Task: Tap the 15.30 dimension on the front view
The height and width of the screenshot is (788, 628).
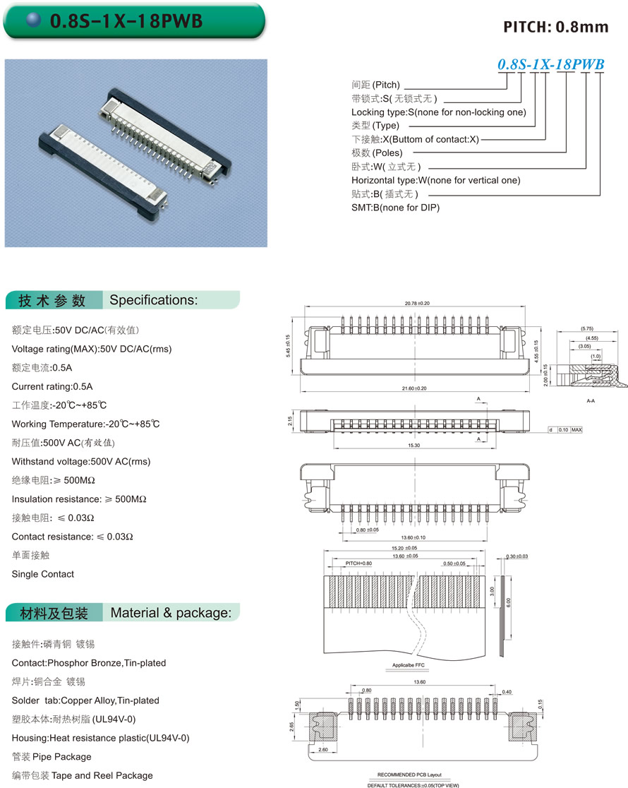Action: (x=414, y=446)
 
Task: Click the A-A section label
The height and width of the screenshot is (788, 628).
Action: (x=591, y=400)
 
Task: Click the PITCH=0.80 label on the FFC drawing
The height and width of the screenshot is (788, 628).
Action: (x=358, y=563)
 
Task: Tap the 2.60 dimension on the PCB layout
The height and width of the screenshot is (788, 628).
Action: (x=323, y=749)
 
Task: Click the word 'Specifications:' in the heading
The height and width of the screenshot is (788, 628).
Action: (x=154, y=300)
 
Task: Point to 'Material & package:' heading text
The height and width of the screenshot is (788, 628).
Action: (x=171, y=613)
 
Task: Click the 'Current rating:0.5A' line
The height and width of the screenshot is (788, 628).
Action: (x=52, y=386)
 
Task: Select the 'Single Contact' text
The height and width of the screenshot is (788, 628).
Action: (x=43, y=574)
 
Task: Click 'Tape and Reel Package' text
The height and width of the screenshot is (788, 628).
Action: (x=102, y=775)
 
